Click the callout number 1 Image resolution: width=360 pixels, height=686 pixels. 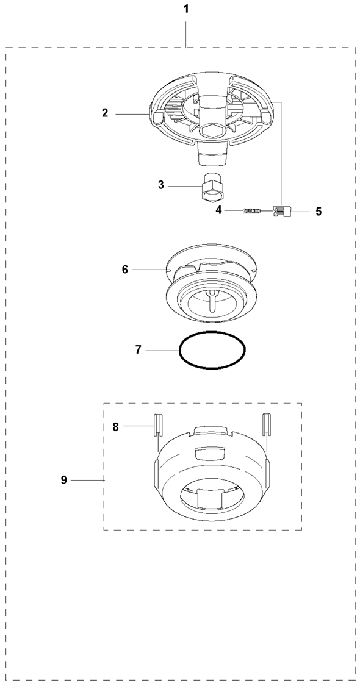185,9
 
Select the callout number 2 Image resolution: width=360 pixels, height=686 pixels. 105,113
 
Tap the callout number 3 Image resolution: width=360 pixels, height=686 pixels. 160,185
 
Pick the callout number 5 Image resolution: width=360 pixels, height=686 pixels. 319,212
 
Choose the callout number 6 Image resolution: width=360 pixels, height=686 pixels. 125,270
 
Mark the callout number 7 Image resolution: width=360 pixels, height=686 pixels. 138,350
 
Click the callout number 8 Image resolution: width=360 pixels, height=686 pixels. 115,427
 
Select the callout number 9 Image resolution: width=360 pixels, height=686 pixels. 64,480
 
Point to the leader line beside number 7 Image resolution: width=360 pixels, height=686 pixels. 162,351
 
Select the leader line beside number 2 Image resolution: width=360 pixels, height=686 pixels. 131,114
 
